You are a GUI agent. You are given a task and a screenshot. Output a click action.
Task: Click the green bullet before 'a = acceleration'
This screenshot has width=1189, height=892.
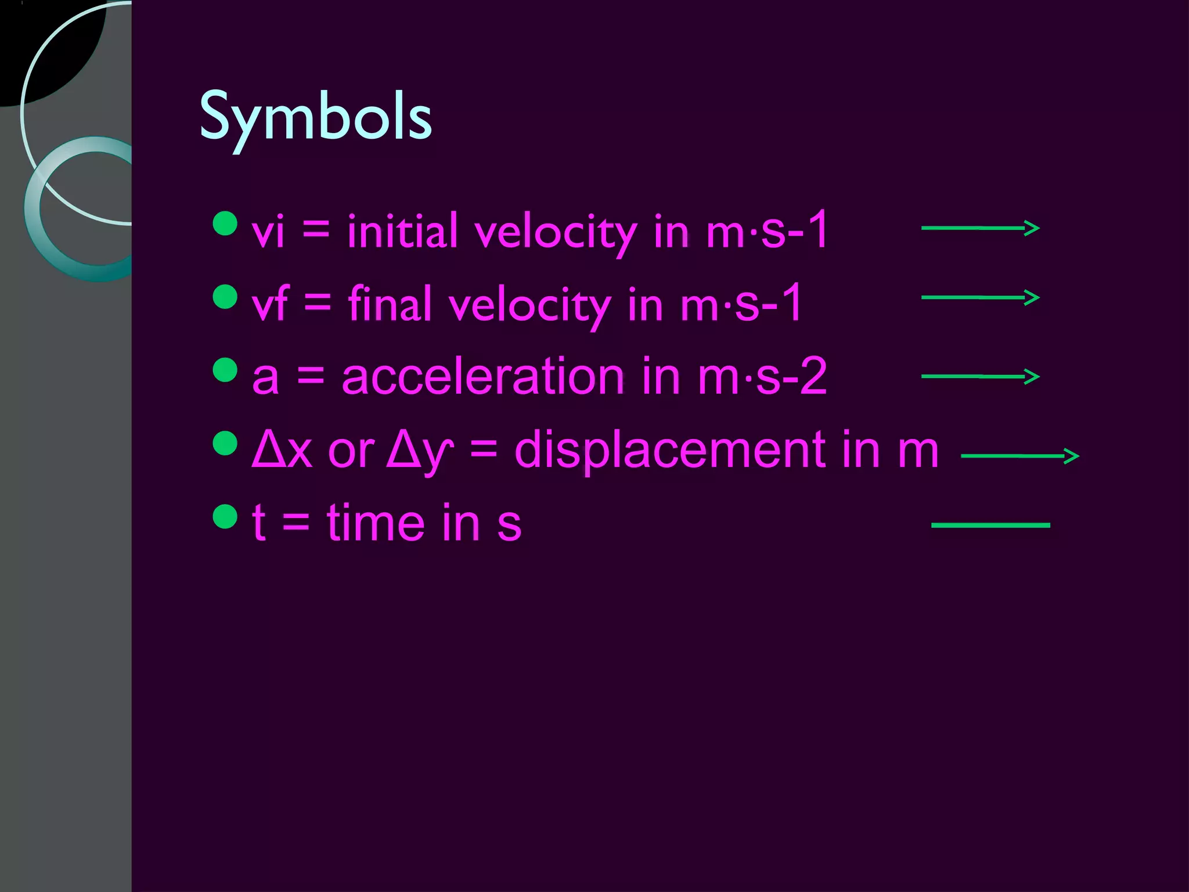(225, 370)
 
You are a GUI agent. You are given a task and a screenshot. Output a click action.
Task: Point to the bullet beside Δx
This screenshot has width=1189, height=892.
(225, 443)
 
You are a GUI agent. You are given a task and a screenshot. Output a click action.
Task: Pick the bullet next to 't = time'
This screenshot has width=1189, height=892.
(225, 516)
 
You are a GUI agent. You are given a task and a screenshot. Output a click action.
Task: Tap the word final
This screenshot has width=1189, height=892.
(390, 304)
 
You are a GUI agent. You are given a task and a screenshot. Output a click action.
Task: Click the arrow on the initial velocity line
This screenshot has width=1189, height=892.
(980, 228)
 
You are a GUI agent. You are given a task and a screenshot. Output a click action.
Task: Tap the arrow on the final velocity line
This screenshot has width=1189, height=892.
(980, 297)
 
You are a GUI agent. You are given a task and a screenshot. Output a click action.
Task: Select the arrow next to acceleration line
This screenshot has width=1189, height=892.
(980, 376)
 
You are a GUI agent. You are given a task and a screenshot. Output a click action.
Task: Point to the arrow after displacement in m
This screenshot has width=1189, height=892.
(1020, 456)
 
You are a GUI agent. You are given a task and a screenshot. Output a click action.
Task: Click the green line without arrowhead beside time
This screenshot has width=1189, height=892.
(990, 525)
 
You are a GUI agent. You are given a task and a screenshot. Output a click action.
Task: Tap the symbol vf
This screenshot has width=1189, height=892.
(270, 304)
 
